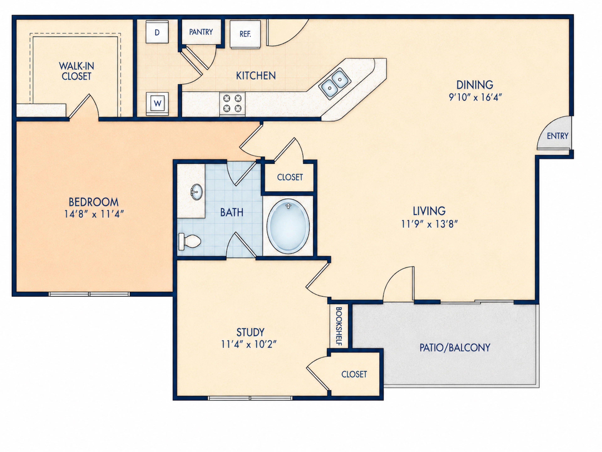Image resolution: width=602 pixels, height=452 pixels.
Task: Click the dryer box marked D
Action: (157, 32)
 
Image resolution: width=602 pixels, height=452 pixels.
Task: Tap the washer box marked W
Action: (157, 104)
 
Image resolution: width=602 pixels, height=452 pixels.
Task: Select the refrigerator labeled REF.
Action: (245, 34)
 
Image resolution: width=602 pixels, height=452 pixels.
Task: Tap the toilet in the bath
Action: (190, 241)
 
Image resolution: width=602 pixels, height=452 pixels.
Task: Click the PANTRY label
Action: (201, 32)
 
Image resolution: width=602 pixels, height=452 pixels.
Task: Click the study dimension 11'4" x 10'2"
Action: (249, 344)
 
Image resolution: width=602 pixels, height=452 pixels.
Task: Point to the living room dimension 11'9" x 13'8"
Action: (429, 224)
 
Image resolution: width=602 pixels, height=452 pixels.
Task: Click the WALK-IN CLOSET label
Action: (77, 71)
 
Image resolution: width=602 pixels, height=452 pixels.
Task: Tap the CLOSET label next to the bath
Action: (290, 177)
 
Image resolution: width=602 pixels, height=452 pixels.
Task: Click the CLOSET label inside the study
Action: (354, 374)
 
